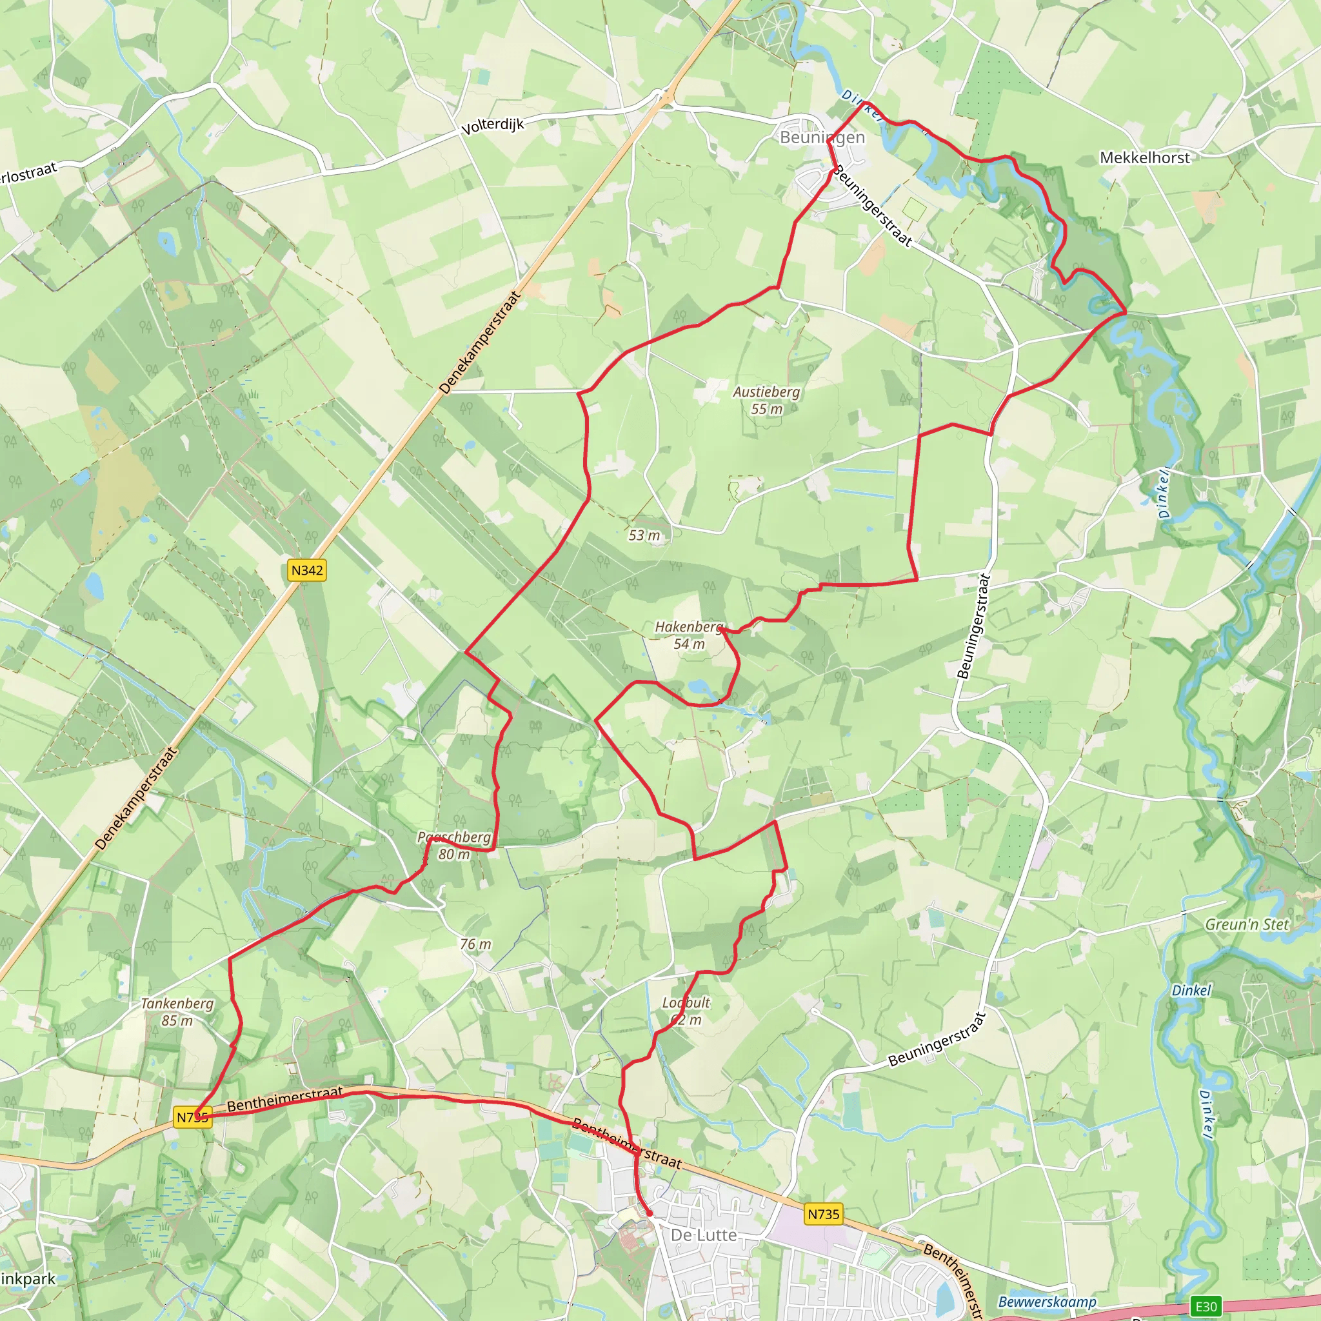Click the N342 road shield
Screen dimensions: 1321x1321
coord(306,570)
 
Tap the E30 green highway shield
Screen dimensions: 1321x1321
coord(1206,1307)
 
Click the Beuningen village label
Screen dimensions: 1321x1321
coord(822,137)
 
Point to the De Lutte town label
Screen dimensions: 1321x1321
coord(704,1235)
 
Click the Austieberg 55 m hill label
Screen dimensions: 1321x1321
coord(766,400)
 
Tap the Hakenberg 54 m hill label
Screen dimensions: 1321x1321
coord(688,635)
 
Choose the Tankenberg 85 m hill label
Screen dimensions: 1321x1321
coord(177,1012)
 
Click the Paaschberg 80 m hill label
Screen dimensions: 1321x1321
coord(454,846)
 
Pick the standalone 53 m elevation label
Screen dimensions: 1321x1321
coord(644,535)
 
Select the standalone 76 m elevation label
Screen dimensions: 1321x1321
coord(475,944)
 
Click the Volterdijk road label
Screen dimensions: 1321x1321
coord(492,126)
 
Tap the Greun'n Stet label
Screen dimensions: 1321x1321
coord(1246,924)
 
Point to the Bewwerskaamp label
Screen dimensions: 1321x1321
coord(1047,1301)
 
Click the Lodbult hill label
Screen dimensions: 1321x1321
coord(686,1011)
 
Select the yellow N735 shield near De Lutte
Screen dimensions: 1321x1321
coord(822,1215)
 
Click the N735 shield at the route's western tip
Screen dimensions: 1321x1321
coord(192,1117)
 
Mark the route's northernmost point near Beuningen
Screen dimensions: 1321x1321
coord(866,103)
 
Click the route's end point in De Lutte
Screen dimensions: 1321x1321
coord(649,1215)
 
